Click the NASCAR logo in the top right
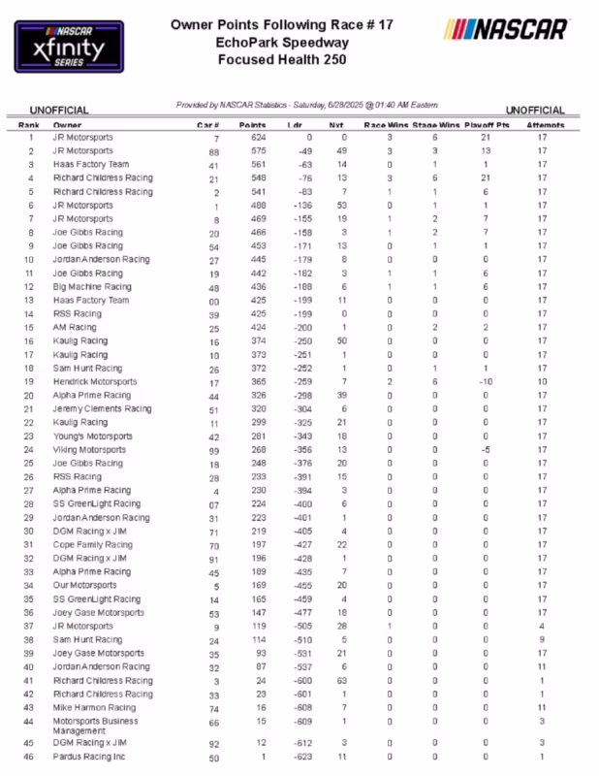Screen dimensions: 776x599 505,29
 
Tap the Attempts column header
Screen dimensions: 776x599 544,126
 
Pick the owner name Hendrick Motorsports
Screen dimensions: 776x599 95,382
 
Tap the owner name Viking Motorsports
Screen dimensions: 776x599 89,450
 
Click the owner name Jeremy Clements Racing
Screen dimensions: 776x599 102,409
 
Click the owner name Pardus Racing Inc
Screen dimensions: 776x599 89,757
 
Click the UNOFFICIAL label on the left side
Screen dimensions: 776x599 59,111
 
